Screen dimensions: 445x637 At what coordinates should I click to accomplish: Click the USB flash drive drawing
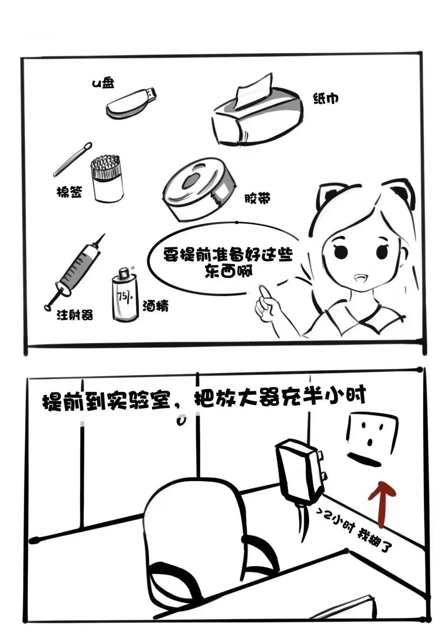130,103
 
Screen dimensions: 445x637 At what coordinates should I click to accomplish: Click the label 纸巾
326,98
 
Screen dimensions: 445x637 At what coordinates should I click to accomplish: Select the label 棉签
70,192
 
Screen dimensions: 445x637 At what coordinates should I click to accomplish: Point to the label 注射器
75,315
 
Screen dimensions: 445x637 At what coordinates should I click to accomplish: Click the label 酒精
155,306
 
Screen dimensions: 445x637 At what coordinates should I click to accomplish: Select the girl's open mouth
360,278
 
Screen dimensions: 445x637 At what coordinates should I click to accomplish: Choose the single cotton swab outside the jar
73,159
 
